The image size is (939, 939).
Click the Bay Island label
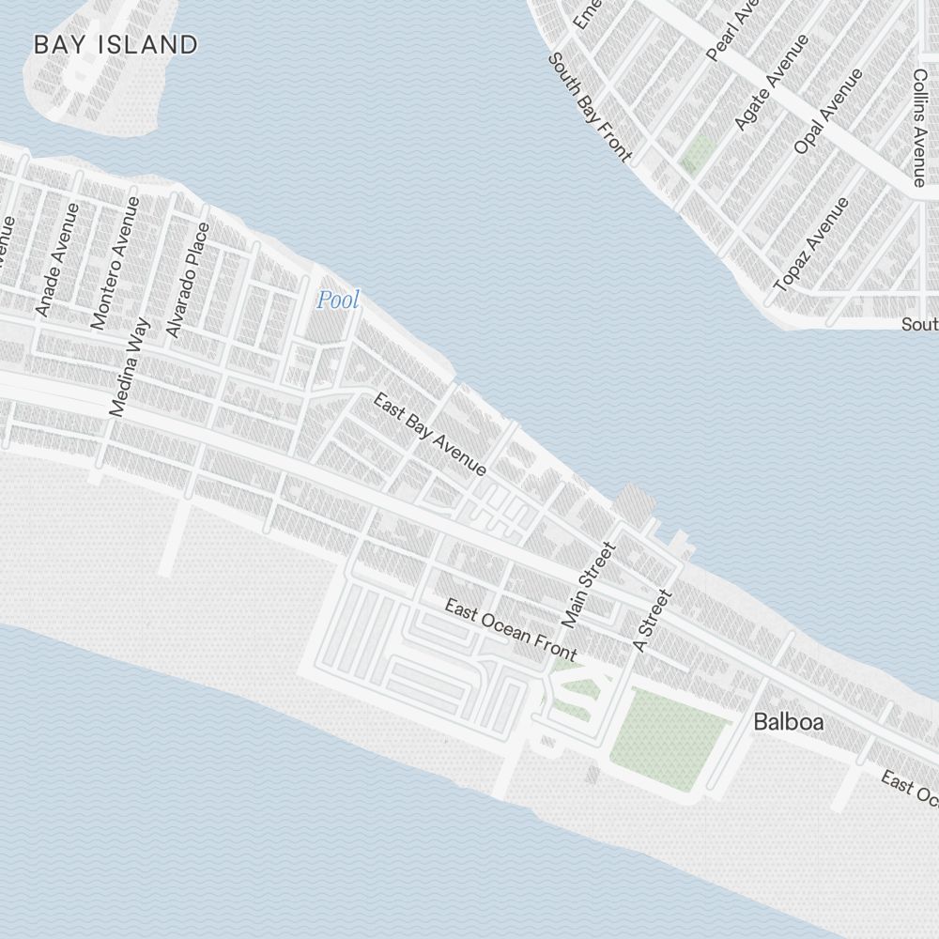tap(115, 44)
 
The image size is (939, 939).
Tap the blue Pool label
tap(337, 300)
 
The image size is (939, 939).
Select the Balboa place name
tap(789, 722)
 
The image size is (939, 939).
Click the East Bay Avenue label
tap(430, 434)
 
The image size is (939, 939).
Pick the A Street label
tap(654, 620)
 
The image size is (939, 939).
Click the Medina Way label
tap(130, 367)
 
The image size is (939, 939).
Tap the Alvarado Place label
tap(187, 280)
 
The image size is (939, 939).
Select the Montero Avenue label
tap(115, 263)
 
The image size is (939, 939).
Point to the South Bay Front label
tap(590, 107)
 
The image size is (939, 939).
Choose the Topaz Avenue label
tap(811, 244)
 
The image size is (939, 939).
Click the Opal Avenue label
tap(827, 111)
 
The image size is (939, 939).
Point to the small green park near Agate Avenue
tap(697, 153)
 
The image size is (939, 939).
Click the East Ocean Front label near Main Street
tap(510, 630)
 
